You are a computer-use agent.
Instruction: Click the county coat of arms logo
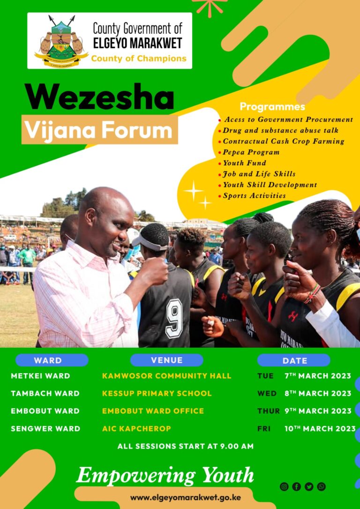point(61,41)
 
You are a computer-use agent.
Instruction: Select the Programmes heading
point(272,106)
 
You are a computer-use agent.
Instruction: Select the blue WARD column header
point(52,360)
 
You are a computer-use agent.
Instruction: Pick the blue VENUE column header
point(166,360)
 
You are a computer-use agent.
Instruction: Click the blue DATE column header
point(294,360)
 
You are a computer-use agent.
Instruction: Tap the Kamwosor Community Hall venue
point(166,376)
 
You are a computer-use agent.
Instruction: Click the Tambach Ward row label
point(45,393)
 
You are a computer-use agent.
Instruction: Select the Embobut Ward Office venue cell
point(153,411)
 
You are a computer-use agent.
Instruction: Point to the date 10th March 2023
point(320,428)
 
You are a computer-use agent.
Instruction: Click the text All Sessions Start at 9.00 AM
point(185,446)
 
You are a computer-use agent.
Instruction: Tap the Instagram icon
point(284,487)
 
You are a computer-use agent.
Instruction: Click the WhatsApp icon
point(322,487)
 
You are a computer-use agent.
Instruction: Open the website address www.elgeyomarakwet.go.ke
point(185,497)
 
